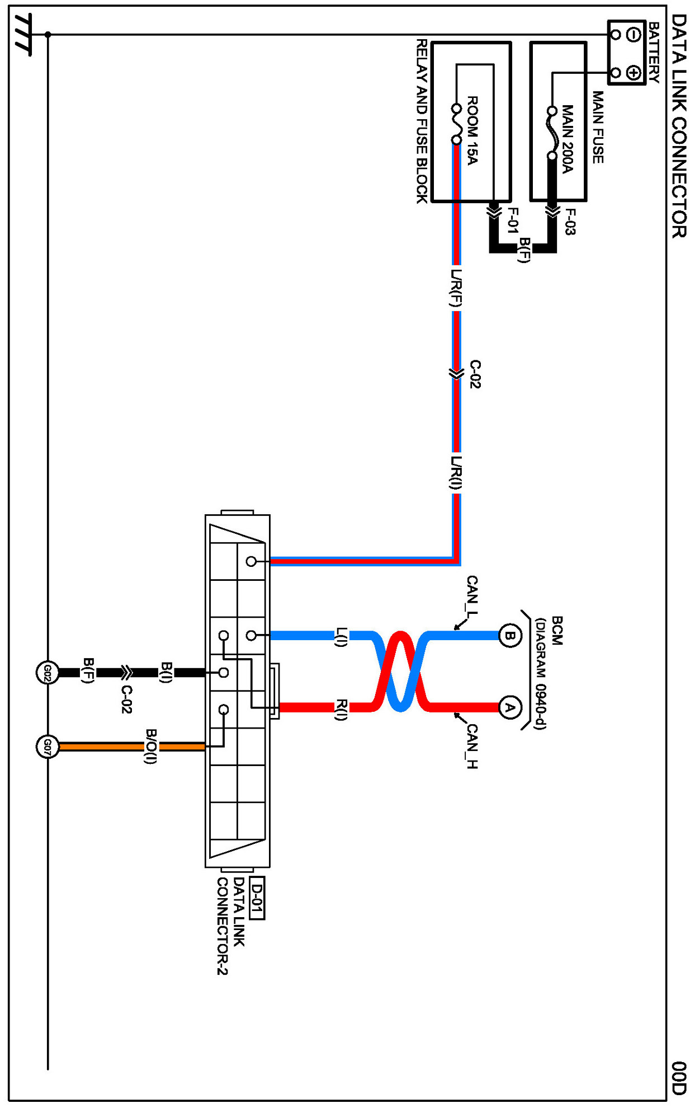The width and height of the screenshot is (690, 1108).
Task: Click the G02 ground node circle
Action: pos(48,673)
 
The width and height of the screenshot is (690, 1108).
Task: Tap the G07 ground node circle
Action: pos(48,747)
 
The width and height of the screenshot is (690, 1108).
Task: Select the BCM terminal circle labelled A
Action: pos(509,708)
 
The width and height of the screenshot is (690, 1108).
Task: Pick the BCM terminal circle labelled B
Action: pos(509,636)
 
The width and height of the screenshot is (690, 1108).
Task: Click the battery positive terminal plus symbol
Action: pos(634,73)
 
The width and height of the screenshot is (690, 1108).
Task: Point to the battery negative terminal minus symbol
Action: pos(634,35)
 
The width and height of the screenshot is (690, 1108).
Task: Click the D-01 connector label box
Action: pos(256,898)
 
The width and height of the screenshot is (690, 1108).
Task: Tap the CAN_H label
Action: pos(472,746)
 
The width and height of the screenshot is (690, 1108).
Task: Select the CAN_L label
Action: pos(472,597)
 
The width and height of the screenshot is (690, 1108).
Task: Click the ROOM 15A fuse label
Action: pos(472,130)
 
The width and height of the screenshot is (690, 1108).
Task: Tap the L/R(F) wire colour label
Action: pos(456,288)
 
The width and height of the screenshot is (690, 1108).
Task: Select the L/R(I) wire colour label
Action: pos(456,473)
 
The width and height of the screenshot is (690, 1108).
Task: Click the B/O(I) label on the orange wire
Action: pos(150,746)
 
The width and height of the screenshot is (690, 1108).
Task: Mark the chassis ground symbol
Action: pos(22,35)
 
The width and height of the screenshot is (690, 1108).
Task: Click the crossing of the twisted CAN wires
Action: pos(400,672)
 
